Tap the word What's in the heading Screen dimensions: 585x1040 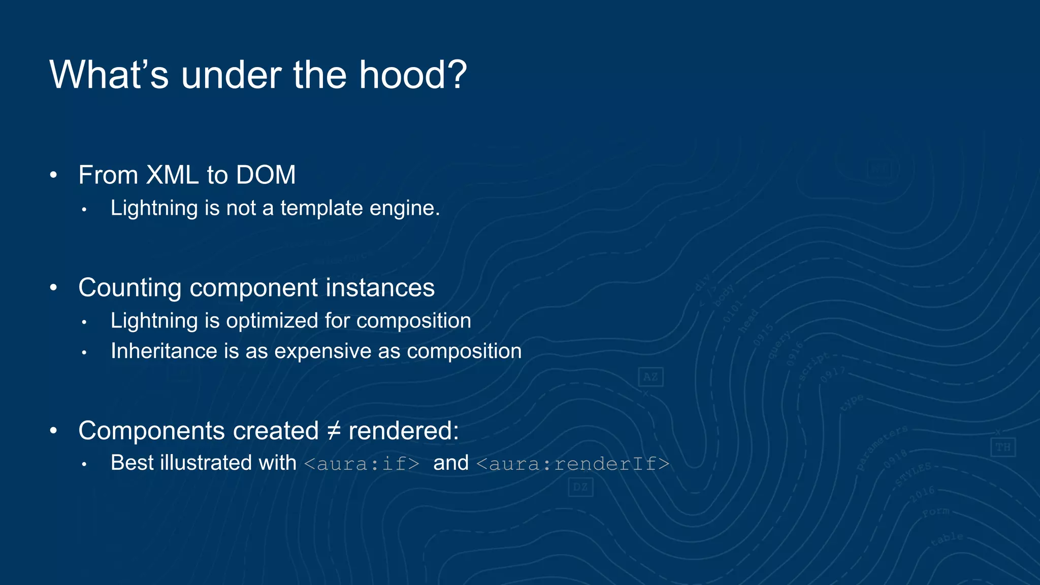[x=109, y=75]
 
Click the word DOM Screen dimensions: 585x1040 [x=266, y=175]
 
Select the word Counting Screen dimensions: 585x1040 [x=130, y=288]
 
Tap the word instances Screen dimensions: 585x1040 [x=380, y=288]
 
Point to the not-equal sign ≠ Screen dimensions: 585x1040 [x=333, y=431]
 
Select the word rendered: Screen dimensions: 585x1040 [x=404, y=431]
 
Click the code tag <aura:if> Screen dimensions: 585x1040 [x=362, y=464]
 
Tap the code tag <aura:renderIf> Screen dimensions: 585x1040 [x=573, y=464]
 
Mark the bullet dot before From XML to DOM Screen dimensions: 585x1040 [x=54, y=176]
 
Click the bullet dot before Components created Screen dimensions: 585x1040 [x=54, y=431]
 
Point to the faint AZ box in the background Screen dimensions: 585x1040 [x=651, y=377]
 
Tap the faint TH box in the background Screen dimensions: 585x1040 [x=1002, y=447]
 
